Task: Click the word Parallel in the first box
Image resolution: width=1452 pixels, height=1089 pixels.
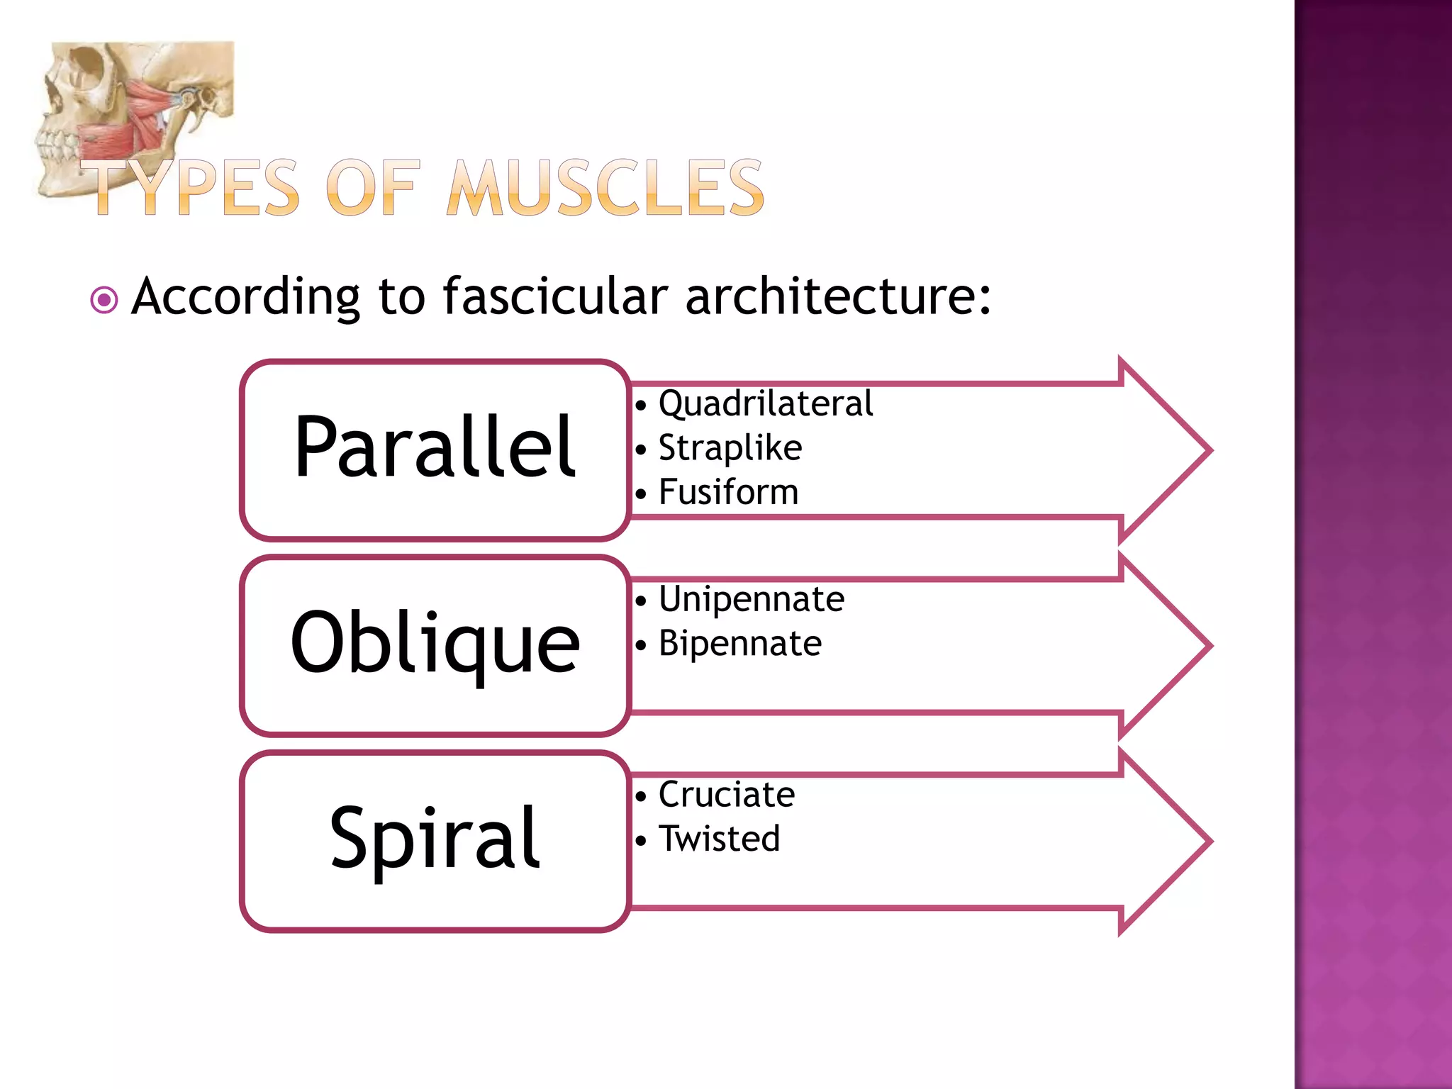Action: tap(435, 447)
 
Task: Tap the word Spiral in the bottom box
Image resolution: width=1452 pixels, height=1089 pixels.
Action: tap(435, 839)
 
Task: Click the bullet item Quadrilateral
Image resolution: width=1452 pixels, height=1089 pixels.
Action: tap(765, 403)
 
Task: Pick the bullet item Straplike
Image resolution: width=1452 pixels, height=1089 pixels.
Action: tap(730, 448)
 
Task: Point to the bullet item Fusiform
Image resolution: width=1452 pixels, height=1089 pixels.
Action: tap(728, 492)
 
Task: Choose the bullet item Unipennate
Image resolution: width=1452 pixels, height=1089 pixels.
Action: tap(751, 599)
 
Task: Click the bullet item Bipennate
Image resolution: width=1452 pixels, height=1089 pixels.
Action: tap(739, 644)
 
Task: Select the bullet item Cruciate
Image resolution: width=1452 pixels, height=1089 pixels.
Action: tap(726, 794)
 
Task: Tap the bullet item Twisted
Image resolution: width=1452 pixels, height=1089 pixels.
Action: tap(719, 839)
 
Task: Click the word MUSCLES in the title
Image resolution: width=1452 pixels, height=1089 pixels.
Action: tap(605, 187)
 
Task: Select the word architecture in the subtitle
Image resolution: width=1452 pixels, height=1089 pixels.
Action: tap(837, 296)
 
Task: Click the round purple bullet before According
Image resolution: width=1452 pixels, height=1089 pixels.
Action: tap(104, 300)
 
